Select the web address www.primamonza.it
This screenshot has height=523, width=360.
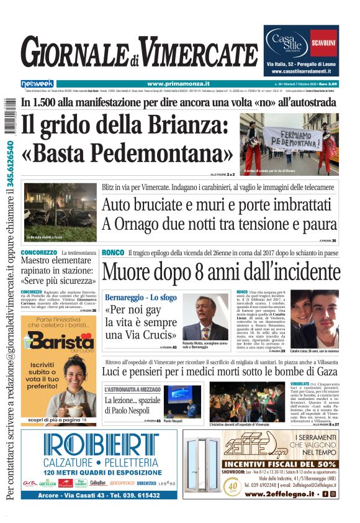tap(178, 84)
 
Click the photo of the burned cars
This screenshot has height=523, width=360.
tap(60, 211)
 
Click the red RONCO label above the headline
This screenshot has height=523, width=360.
tap(112, 252)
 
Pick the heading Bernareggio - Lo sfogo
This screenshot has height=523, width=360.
tap(141, 298)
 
